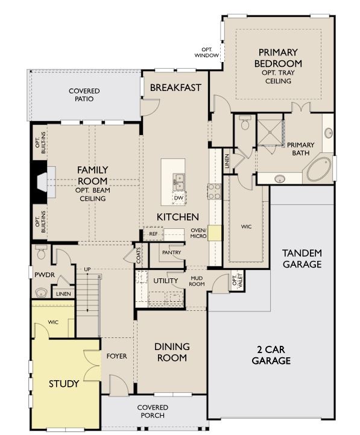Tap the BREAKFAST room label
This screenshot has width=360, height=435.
tap(175, 87)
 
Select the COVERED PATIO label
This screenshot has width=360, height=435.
tap(84, 95)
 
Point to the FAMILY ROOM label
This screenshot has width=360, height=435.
tap(92, 176)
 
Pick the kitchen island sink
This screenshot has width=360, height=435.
tap(179, 180)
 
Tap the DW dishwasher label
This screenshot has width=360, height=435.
tap(178, 198)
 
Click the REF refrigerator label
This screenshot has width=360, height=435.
tap(153, 233)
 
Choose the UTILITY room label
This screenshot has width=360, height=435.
tap(165, 281)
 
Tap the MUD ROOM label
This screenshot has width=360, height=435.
tap(197, 281)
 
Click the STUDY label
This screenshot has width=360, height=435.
tap(64, 383)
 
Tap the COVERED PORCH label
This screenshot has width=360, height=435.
tap(152, 412)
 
